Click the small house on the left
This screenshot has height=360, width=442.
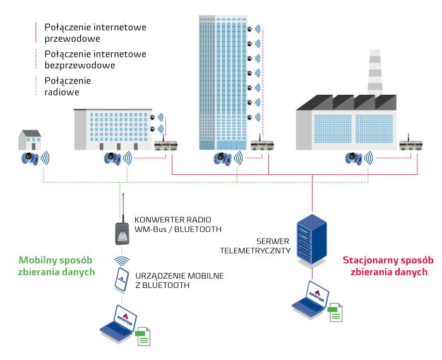tap(30, 140)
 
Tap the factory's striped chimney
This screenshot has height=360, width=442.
tap(375, 73)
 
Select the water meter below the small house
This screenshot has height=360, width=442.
tap(29, 158)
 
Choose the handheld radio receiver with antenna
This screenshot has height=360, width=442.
tap(123, 232)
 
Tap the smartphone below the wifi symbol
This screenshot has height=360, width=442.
tap(121, 280)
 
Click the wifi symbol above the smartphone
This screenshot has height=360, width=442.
tap(122, 260)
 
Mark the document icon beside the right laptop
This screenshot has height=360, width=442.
tap(336, 312)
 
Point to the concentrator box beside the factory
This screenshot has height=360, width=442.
tap(410, 145)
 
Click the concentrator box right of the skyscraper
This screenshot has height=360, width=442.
tap(262, 145)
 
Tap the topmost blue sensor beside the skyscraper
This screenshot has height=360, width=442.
tap(258, 29)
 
